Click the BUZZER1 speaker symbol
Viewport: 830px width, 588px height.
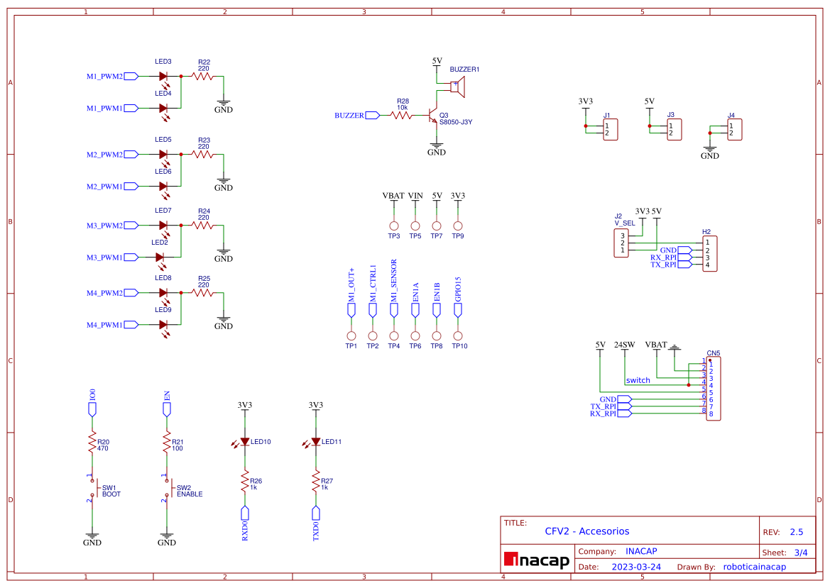point(457,87)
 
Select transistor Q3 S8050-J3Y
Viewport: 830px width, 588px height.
point(432,116)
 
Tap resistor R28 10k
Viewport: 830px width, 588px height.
point(402,115)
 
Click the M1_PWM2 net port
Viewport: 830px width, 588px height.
point(131,76)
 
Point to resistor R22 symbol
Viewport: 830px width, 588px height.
point(202,76)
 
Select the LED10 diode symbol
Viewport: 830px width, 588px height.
point(245,441)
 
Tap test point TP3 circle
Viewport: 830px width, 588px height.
point(394,226)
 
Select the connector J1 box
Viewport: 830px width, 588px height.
point(610,129)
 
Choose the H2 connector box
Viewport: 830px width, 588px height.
point(709,253)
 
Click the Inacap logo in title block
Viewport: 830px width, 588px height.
point(536,560)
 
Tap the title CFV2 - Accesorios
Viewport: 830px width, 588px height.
point(586,531)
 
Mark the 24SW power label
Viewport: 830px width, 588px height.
point(624,345)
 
